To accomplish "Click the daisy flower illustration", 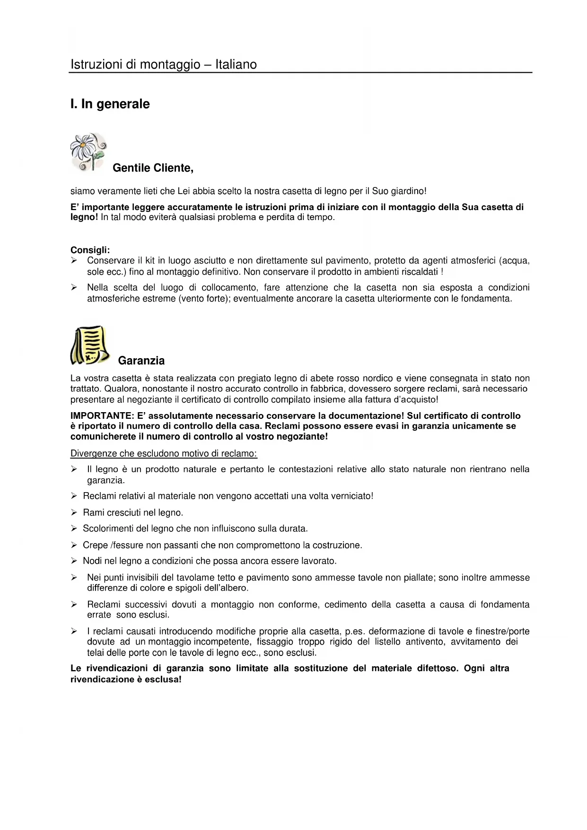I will (88, 151).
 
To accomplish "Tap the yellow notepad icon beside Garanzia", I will (90, 345).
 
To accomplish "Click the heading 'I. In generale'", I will (110, 104).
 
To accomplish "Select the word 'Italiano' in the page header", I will (236, 64).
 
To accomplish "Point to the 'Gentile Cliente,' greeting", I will (153, 168).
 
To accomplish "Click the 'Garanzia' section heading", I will (141, 361).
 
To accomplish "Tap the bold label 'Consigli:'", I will (90, 250).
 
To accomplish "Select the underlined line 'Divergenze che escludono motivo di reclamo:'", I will (164, 453).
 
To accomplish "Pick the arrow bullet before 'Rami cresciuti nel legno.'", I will (74, 512).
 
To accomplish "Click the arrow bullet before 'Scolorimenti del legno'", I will (74, 529).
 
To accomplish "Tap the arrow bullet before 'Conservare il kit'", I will (74, 261).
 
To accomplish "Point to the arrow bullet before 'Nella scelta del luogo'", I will (74, 288).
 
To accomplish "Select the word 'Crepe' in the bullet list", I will (95, 545).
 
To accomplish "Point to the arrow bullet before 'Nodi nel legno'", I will (74, 561).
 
